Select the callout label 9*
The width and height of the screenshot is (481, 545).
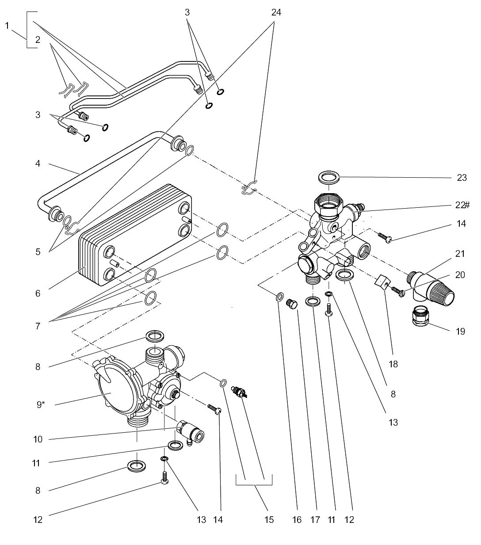[40, 404]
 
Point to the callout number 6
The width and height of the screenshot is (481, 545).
[38, 293]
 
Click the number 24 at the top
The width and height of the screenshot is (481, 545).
[276, 12]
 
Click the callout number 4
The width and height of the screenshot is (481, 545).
[38, 164]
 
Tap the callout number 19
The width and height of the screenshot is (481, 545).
[460, 331]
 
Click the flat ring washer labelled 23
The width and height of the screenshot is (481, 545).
[329, 179]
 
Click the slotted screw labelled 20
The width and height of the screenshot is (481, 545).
[397, 292]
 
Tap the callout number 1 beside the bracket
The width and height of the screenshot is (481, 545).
[7, 26]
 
